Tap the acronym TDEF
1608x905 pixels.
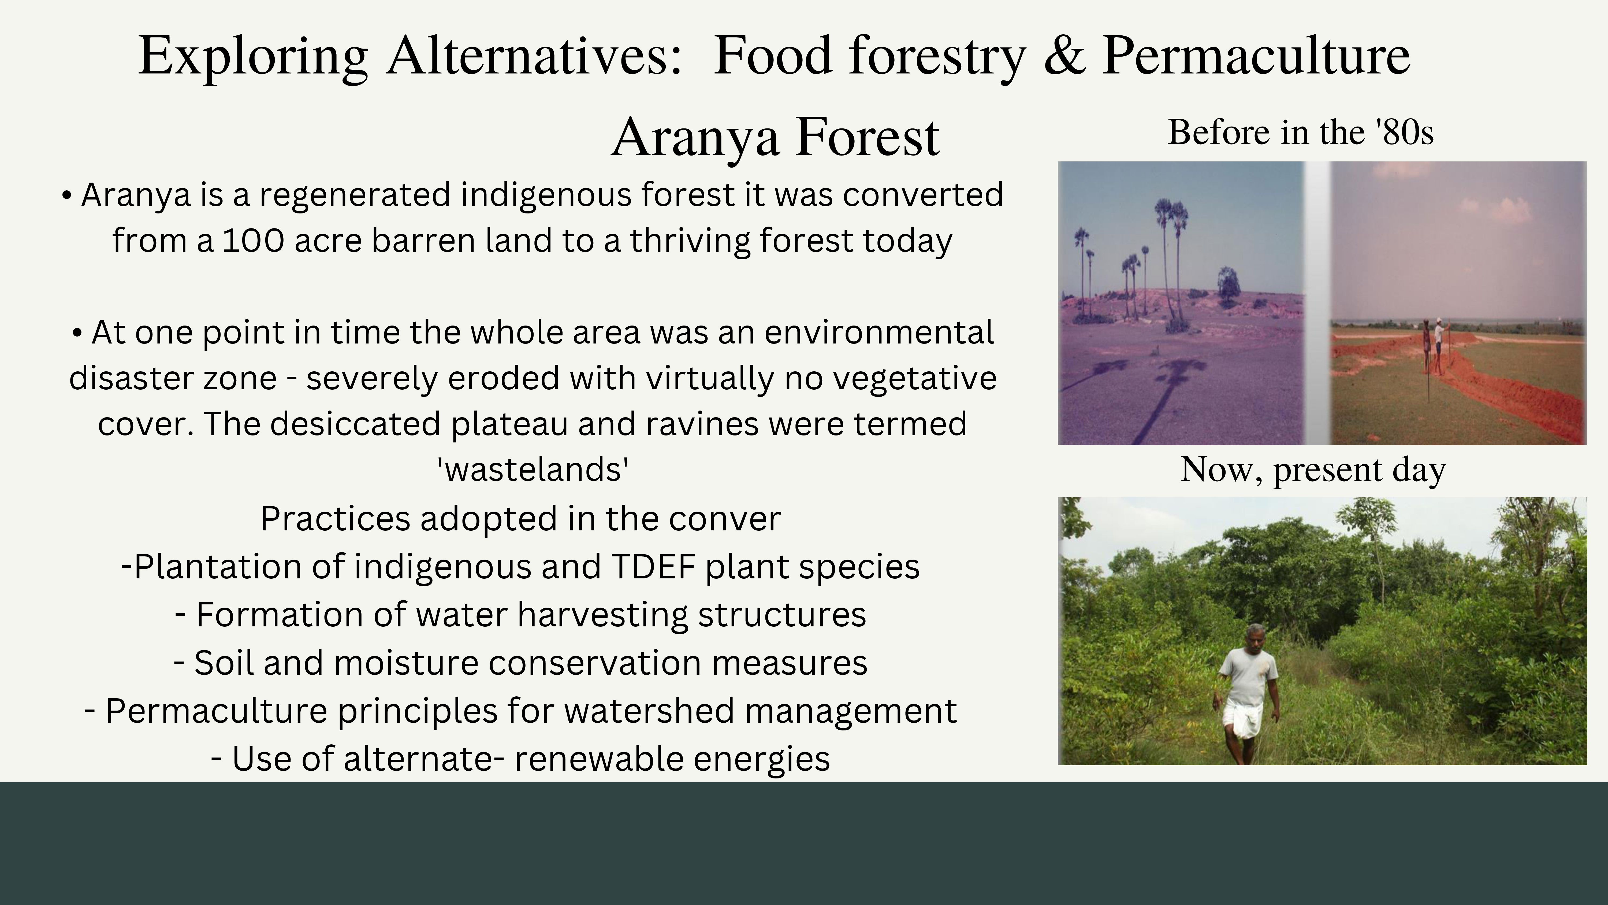coord(654,567)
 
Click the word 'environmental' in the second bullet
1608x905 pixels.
coord(879,332)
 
